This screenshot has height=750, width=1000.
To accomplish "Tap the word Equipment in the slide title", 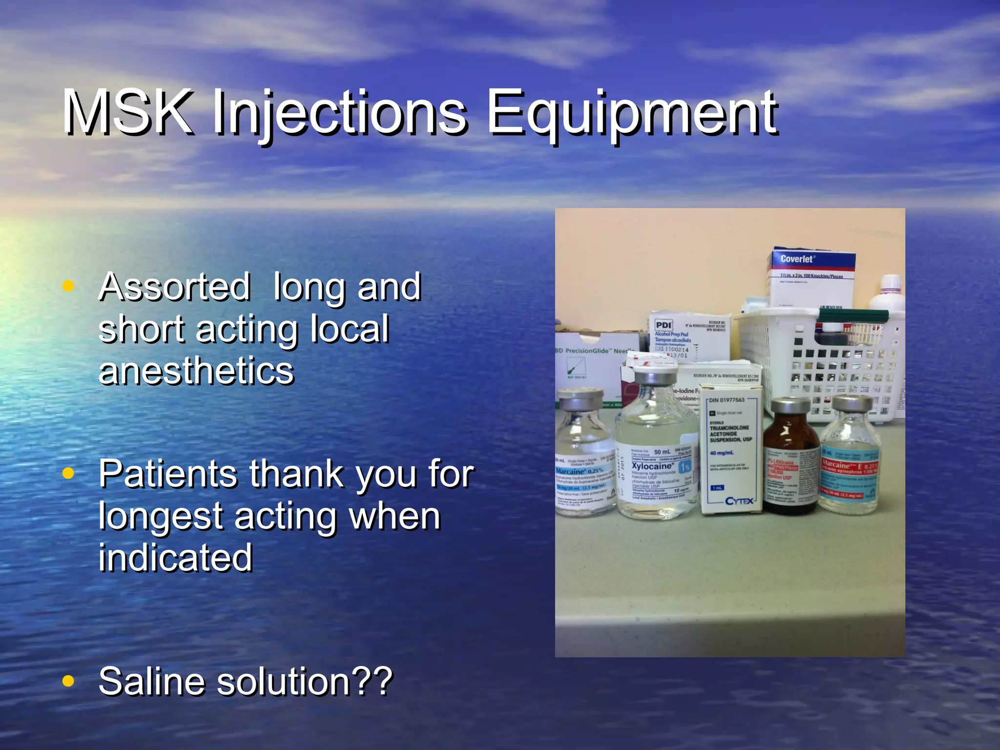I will pos(632,115).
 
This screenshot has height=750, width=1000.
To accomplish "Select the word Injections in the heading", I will pos(339,115).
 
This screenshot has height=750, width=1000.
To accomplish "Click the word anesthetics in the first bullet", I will pos(196,371).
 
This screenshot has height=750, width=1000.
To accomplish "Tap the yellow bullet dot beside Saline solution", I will pos(68,681).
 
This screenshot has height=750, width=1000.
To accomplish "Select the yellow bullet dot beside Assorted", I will pos(68,286).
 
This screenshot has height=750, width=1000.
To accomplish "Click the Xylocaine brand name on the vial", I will pos(652,466).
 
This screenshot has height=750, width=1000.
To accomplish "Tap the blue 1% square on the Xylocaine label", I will pos(685,467).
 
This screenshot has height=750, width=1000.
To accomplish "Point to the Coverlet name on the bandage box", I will pos(797,259).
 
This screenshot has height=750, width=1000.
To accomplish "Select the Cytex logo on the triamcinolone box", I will pos(739,501).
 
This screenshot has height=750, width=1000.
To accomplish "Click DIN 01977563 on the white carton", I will pos(727,400).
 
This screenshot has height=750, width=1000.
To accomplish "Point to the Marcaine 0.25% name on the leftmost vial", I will pos(579,471).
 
